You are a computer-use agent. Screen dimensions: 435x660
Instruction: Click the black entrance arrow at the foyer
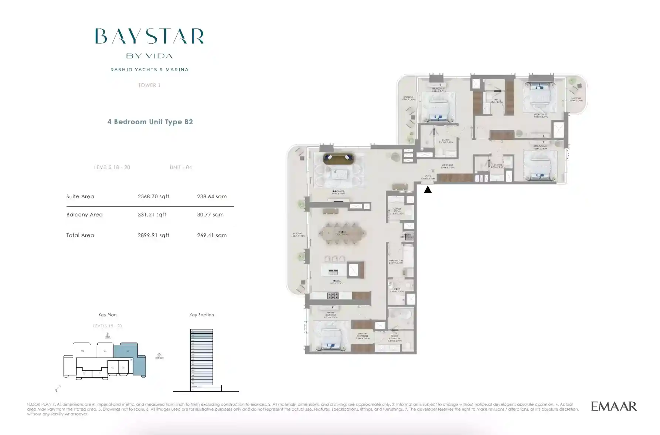(428, 190)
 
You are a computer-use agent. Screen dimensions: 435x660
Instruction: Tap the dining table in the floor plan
(343, 233)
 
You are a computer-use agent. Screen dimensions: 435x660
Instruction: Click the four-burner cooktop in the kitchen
(333, 296)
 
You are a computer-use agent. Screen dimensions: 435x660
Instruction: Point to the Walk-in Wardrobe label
(362, 337)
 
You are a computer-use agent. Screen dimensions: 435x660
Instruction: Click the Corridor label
(447, 166)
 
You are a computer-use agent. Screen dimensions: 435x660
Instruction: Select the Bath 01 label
(445, 141)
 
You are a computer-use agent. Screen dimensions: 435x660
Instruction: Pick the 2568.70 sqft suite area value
(153, 196)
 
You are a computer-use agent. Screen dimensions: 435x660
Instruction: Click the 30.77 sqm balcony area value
(210, 215)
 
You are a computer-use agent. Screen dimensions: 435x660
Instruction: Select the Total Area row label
(80, 235)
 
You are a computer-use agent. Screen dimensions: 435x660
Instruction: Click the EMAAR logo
(614, 406)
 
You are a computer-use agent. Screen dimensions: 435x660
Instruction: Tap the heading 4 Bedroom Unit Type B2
(150, 122)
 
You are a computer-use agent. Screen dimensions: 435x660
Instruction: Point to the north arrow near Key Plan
(57, 389)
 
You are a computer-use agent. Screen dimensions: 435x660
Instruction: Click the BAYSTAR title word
(149, 36)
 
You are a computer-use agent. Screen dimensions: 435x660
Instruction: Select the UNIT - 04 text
(181, 167)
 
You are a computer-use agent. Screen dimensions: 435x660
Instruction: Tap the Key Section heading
(201, 315)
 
